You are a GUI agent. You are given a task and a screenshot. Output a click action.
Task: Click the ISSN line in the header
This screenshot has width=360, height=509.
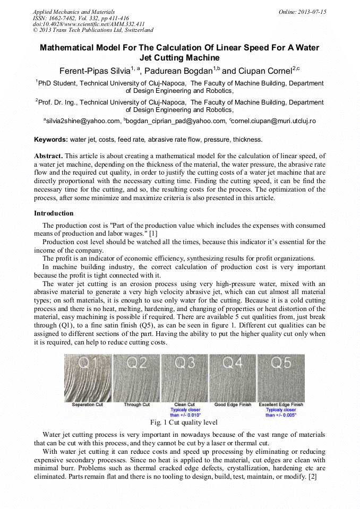tap(81, 18)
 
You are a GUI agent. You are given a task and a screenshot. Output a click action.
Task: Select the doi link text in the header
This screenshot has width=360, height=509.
tap(89, 24)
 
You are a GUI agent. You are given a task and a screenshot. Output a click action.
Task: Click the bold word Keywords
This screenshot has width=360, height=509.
tap(50, 140)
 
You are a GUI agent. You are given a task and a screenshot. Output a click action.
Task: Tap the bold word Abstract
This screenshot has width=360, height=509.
tap(48, 156)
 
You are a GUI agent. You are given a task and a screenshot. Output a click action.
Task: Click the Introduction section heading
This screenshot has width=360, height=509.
tap(54, 213)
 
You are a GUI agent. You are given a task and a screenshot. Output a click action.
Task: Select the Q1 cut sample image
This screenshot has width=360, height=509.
tap(87, 377)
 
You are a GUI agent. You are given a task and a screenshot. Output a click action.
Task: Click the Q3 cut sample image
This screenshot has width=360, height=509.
tap(184, 377)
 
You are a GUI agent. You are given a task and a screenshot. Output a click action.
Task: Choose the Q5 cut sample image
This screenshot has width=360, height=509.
tap(281, 377)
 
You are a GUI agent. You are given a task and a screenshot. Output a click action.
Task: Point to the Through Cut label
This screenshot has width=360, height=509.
tap(136, 405)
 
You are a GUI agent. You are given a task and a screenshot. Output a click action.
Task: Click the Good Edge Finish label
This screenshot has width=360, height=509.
tap(233, 405)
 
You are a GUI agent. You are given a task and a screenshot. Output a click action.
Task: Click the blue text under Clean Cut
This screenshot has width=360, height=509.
tap(184, 412)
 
